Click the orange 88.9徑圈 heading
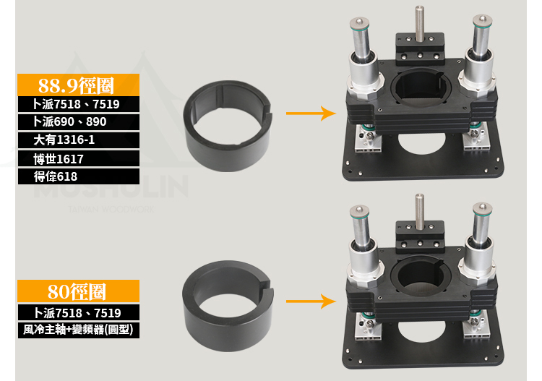click(x=78, y=85)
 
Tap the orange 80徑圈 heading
click(x=78, y=291)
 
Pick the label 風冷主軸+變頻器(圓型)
click(x=78, y=330)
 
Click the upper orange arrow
click(x=311, y=113)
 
